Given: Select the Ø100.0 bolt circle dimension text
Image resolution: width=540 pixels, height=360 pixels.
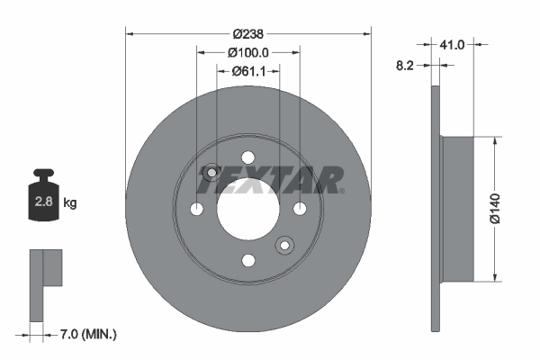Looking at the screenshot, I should tap(249, 53).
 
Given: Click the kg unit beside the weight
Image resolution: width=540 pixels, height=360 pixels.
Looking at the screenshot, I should tap(70, 203).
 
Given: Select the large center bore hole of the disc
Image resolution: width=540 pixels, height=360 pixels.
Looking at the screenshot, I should tap(247, 208).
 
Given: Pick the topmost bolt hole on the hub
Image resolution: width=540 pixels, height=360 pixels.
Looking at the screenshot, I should tap(247, 157).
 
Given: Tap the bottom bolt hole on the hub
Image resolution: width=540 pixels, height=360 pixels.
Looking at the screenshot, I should tap(247, 260).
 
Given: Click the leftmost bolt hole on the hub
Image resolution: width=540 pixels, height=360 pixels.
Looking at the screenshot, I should tap(196, 209).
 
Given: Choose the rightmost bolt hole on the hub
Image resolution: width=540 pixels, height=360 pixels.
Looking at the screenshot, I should tap(300, 209).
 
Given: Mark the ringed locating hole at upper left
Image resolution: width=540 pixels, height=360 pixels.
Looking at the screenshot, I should tap(212, 173).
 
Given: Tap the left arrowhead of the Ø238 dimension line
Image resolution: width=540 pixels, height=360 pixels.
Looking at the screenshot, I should tap(128, 33).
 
